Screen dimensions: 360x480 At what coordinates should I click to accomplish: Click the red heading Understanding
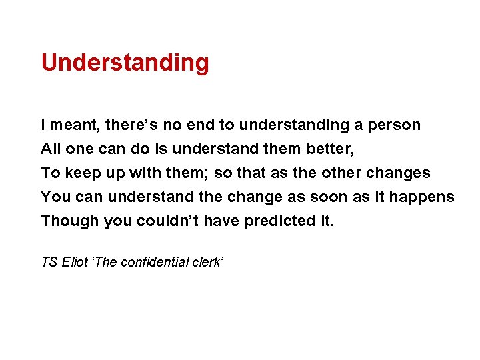pos(125,63)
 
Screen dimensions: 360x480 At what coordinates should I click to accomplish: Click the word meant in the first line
pos(73,125)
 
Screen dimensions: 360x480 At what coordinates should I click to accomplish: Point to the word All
pos(51,149)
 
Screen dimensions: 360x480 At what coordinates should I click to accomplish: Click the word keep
pos(79,173)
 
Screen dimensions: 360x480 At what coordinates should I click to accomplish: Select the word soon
pos(323,197)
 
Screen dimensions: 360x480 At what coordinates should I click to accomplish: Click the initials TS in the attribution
pos(49,262)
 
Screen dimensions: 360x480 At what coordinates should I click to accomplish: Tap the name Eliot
pos(74,262)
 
